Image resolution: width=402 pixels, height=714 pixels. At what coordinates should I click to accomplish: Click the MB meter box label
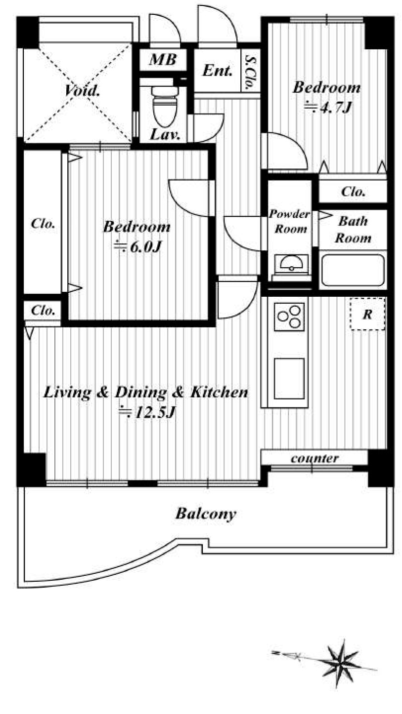pos(163,60)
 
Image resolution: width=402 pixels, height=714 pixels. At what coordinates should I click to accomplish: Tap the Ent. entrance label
pos(217,70)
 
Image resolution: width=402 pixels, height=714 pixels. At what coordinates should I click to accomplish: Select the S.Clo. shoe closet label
pos(250,72)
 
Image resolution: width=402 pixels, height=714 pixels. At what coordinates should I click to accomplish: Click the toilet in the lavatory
pos(165,106)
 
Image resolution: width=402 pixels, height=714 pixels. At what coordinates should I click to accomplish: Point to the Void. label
pos(83,90)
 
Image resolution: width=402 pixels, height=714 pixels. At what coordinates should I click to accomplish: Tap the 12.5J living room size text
pos(147,412)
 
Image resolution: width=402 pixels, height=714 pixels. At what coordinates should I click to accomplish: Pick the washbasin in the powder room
pos(291,264)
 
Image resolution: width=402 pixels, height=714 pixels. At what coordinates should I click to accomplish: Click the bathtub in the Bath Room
pos(353,270)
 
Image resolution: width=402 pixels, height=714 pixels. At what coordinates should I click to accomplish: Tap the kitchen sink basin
pos(289,379)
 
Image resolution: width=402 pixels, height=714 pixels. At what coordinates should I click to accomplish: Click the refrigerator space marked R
pos(367,314)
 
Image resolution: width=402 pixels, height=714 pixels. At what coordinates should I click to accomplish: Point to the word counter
pos(314,459)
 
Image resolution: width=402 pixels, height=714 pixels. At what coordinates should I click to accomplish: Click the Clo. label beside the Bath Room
pos(353,192)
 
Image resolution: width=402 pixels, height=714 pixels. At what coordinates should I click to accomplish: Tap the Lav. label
pos(165,135)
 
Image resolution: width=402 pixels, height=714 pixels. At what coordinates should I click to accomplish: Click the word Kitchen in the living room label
pos(220,392)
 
